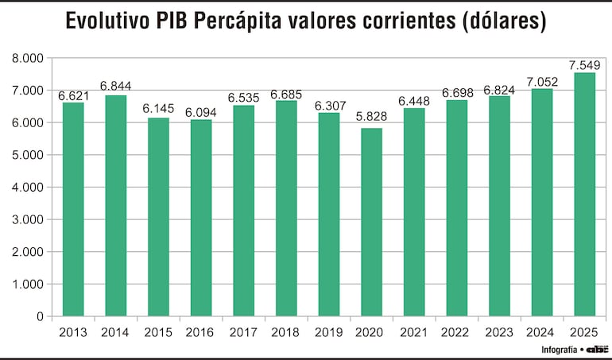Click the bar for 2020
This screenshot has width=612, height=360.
[x=372, y=223]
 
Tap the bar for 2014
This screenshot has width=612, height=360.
[x=116, y=206]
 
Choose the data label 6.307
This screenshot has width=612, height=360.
[x=329, y=106]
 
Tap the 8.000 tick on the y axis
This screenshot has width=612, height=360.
[x=28, y=59]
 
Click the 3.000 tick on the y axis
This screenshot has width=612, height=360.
[x=28, y=220]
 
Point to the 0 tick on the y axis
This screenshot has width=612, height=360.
[x=40, y=316]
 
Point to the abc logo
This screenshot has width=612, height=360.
[x=597, y=350]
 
